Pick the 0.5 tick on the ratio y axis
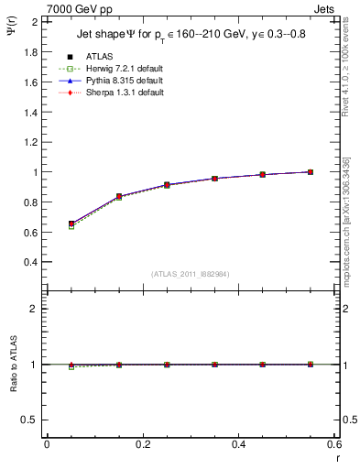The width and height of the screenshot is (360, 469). [x=30, y=420]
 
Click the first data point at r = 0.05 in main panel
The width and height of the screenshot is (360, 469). [x=71, y=224]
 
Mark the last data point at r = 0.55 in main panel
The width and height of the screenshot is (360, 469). [x=311, y=171]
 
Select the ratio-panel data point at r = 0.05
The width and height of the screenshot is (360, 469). [x=71, y=365]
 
